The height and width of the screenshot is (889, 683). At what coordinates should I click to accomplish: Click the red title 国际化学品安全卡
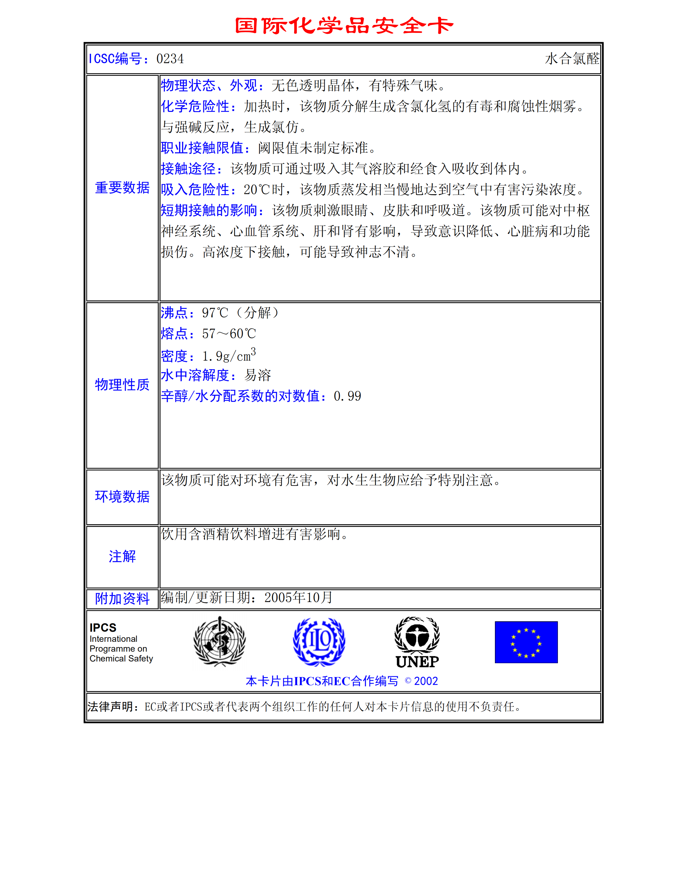(x=344, y=26)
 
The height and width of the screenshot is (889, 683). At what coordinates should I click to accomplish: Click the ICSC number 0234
(x=170, y=59)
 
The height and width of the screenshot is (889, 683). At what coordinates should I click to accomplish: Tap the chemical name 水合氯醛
(x=571, y=59)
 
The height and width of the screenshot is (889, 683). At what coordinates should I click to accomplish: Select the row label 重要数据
(x=122, y=188)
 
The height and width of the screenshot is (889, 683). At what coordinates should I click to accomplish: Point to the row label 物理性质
(x=122, y=385)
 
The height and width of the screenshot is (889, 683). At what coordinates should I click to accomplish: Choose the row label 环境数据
(x=122, y=496)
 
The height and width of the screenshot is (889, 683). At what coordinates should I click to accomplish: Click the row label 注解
(x=122, y=556)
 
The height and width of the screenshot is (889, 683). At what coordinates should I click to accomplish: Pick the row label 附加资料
(x=122, y=598)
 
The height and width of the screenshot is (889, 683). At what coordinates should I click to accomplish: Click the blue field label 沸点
(x=174, y=313)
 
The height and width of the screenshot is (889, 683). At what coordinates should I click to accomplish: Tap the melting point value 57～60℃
(x=229, y=334)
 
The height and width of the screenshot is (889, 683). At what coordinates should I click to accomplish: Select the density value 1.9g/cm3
(x=229, y=356)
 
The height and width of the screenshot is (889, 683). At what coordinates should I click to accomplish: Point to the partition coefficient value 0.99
(x=347, y=396)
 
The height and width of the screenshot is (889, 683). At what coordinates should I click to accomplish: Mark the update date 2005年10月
(x=298, y=597)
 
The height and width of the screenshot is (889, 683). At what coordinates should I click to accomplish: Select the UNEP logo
(x=417, y=642)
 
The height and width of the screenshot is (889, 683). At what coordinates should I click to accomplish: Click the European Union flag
(x=526, y=642)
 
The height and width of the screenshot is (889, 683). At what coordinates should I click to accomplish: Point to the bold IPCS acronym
(x=103, y=627)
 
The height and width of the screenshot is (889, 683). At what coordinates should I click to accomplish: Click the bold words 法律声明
(x=110, y=707)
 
